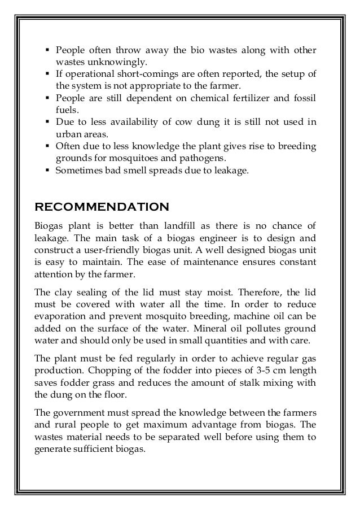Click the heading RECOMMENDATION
point(102,205)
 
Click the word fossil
point(304,98)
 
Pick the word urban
point(67,134)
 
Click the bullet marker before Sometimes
point(47,170)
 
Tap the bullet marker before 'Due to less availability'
point(47,122)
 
